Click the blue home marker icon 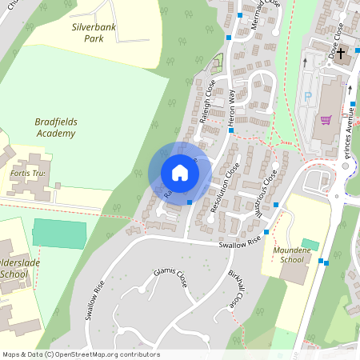(180, 173)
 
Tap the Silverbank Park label (94, 32)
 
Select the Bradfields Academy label (55, 127)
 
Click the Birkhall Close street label (237, 290)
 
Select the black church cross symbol (341, 54)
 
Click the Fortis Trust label (26, 173)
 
